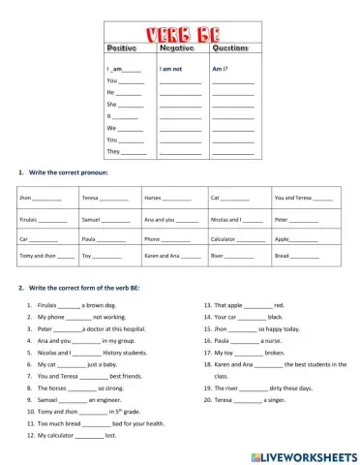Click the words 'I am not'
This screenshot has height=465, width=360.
[x=171, y=70]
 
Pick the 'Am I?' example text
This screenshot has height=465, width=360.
[x=220, y=70]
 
